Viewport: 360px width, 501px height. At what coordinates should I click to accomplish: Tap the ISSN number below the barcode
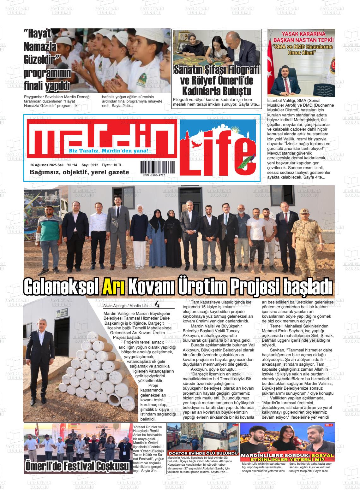tap(153, 175)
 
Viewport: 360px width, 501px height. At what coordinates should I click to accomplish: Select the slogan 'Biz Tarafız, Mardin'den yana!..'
tap(110, 151)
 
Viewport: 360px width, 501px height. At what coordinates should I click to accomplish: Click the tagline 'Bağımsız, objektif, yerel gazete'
tap(79, 172)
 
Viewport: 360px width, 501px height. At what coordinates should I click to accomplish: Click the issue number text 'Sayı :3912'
tap(90, 165)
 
